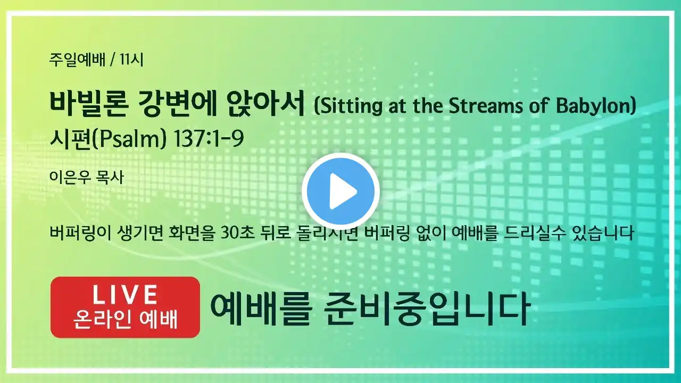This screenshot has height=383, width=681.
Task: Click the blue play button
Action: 340,191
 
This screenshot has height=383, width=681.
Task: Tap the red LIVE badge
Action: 125,307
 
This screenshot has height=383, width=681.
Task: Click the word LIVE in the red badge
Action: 125,295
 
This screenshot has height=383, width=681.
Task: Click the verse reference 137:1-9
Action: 208,139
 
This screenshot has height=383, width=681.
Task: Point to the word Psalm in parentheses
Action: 129,139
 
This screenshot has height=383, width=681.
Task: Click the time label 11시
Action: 131,60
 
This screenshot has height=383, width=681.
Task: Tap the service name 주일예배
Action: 77,60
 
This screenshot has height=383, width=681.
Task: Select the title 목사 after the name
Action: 110,177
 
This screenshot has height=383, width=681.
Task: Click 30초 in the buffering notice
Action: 238,233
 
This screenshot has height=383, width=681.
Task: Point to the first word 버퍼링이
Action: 81,233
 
